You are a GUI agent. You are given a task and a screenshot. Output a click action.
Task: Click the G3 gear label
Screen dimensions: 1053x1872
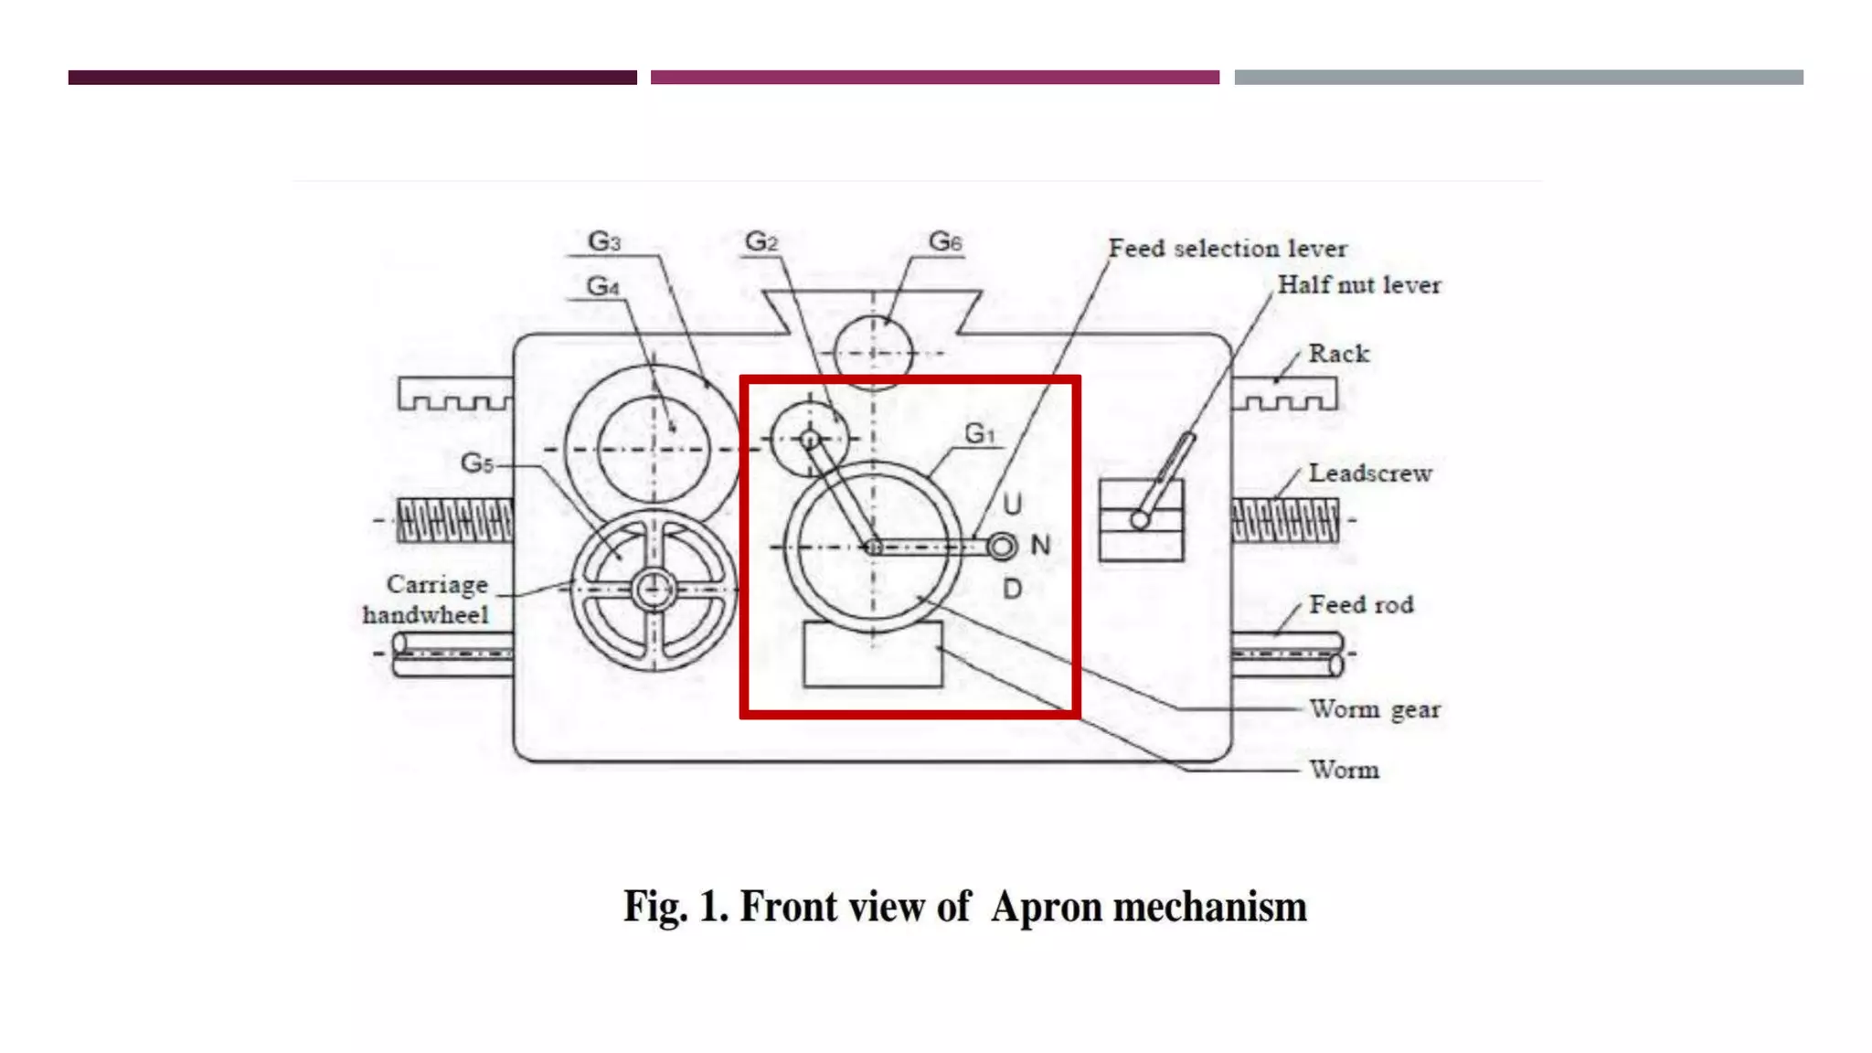[604, 241]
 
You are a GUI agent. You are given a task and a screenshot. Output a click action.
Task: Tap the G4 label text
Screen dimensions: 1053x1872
[603, 286]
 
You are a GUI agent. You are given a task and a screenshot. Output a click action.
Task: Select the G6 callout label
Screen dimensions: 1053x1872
[945, 241]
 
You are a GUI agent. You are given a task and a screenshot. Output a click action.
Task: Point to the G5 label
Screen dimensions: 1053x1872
[476, 463]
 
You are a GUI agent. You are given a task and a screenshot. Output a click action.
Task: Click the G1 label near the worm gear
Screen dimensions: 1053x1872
[980, 433]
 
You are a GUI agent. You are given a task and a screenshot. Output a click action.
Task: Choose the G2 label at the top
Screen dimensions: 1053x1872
[761, 241]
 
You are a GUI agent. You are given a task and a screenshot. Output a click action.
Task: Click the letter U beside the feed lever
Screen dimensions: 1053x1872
[1012, 504]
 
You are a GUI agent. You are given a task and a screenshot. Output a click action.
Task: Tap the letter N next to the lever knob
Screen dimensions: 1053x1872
[1040, 546]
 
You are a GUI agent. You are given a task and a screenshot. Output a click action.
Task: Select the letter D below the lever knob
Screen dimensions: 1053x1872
[1012, 589]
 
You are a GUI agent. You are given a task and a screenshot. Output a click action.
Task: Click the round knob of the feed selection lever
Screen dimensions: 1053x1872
[1002, 547]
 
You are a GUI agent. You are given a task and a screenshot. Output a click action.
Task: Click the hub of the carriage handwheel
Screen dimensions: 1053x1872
[654, 590]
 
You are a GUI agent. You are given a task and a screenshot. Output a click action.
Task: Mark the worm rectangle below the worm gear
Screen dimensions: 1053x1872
[873, 654]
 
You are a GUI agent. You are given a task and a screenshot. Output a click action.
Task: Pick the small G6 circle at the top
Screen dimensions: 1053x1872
[873, 353]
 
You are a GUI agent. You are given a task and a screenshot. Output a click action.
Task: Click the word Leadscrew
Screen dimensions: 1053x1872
[1369, 473]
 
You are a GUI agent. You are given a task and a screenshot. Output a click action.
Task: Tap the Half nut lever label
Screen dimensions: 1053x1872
[1358, 285]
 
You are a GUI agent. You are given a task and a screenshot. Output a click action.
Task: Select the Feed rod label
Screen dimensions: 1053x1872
[1361, 604]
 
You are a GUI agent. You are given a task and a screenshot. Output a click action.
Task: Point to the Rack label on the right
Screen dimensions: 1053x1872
[1338, 354]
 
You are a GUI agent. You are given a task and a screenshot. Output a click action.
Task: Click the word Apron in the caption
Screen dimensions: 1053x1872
[1047, 907]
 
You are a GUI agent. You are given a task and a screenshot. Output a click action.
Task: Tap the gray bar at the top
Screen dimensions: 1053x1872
[1518, 78]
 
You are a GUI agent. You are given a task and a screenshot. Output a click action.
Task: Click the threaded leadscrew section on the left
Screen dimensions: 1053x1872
[455, 520]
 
